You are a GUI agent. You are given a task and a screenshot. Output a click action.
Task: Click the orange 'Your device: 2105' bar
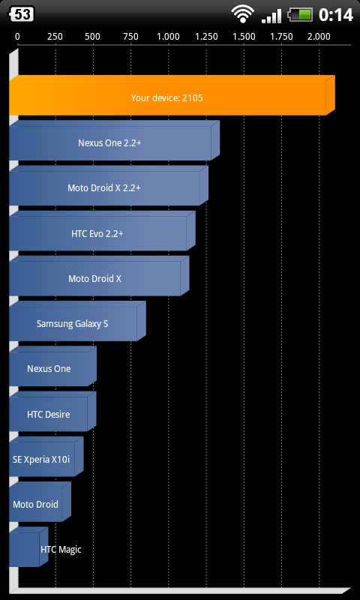point(172,96)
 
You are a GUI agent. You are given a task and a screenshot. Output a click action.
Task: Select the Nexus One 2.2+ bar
point(115,141)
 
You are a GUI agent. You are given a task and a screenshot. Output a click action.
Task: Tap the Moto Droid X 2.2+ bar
point(109,186)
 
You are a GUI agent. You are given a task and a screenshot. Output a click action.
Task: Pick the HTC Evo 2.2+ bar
point(102,231)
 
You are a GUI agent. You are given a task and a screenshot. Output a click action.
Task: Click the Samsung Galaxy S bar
point(78,322)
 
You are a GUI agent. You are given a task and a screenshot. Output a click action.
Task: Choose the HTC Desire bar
point(52,412)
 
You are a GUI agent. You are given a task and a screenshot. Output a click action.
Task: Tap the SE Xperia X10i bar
point(46,457)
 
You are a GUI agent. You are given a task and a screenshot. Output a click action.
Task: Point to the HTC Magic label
point(61,550)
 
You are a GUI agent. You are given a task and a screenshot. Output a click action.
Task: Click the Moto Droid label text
point(35,504)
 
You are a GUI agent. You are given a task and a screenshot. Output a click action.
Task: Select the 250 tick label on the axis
point(55,37)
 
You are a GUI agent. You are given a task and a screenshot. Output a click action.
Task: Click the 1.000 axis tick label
point(168,37)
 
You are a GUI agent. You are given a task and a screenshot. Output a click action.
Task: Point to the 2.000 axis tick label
point(319,37)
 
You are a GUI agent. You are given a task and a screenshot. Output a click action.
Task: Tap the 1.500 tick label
point(244,37)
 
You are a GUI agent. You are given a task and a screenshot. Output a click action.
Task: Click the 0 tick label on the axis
point(17,37)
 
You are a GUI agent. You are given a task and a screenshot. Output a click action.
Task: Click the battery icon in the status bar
point(301,15)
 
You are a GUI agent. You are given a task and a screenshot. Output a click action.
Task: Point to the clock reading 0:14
point(336,15)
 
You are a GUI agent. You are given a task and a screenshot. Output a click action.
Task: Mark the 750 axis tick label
point(130,37)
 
